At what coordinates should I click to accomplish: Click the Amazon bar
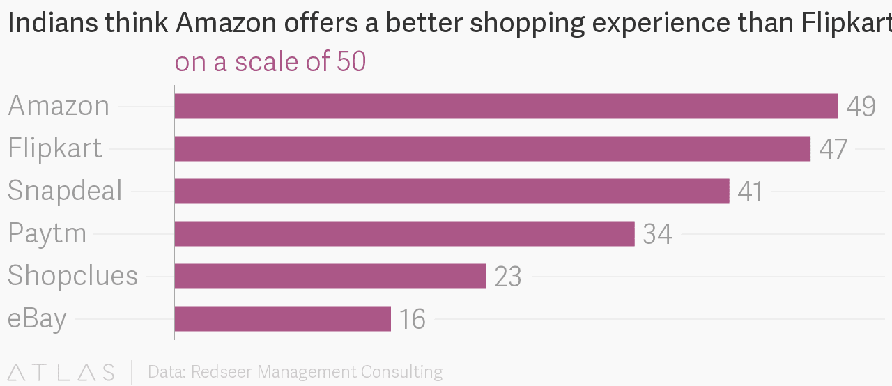[x=506, y=107]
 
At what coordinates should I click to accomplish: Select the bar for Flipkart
[x=492, y=149]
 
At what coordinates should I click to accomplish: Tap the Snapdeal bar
[x=452, y=191]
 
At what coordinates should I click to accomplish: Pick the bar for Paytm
[x=404, y=234]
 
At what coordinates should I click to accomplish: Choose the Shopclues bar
[x=330, y=276]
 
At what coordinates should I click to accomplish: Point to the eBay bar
[x=282, y=318]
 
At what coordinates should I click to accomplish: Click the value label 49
[x=861, y=107]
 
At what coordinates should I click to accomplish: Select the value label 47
[x=833, y=149]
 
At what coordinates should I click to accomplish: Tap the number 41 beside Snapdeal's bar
[x=751, y=192]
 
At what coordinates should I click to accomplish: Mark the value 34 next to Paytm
[x=657, y=234]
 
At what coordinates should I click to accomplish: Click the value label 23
[x=508, y=277]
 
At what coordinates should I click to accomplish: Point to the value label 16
[x=413, y=319]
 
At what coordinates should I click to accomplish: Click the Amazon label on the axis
[x=59, y=106]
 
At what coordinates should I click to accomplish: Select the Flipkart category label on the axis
[x=55, y=148]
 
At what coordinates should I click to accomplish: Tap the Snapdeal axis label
[x=65, y=191]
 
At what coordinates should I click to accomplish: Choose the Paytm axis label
[x=47, y=234]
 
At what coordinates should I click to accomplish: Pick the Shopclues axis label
[x=72, y=276]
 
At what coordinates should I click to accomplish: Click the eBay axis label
[x=38, y=318]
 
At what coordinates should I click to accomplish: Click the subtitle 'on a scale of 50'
[x=270, y=62]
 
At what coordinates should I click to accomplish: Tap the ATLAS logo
[x=61, y=372]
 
